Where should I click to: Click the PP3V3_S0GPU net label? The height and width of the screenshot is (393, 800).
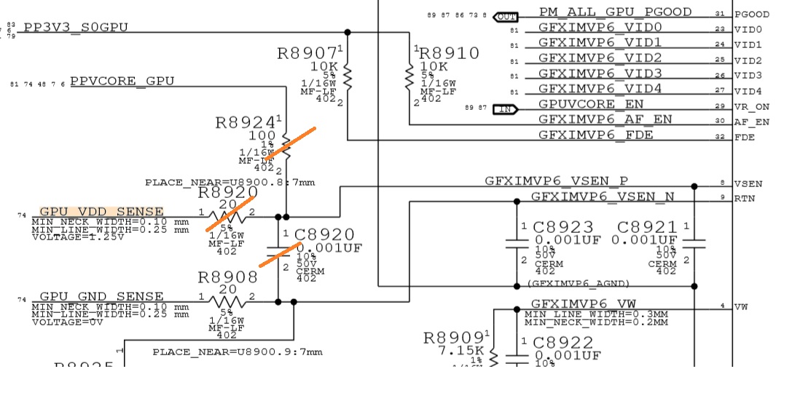click(76, 28)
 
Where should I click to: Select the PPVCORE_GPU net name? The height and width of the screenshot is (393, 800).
click(122, 82)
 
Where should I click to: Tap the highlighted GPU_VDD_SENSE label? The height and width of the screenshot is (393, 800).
click(101, 211)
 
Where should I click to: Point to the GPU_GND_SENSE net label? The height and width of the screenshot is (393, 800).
click(101, 296)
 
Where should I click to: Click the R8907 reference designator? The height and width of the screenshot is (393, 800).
click(307, 55)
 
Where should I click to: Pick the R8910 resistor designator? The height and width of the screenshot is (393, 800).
click(450, 53)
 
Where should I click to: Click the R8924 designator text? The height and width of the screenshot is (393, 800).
click(246, 122)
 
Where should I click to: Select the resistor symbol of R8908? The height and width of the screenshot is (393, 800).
click(227, 300)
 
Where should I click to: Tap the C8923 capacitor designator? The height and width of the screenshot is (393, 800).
click(563, 229)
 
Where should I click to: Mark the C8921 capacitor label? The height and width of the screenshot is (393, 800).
click(647, 229)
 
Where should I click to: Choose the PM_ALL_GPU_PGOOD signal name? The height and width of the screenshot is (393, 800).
click(615, 13)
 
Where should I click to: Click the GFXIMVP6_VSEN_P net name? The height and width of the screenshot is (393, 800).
click(556, 181)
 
